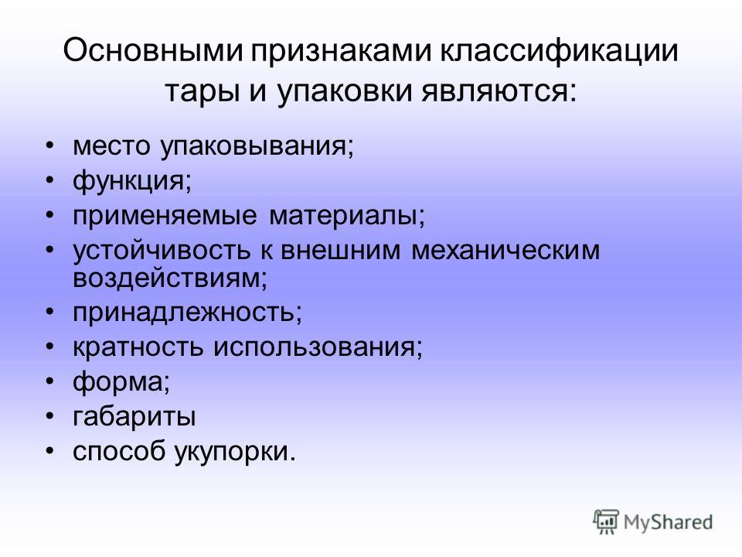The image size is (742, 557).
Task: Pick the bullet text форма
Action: pos(116,383)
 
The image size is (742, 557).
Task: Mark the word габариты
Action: pos(134,419)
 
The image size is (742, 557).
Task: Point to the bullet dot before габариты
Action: pos(51,419)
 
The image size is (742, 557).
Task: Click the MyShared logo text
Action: pos(669,521)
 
